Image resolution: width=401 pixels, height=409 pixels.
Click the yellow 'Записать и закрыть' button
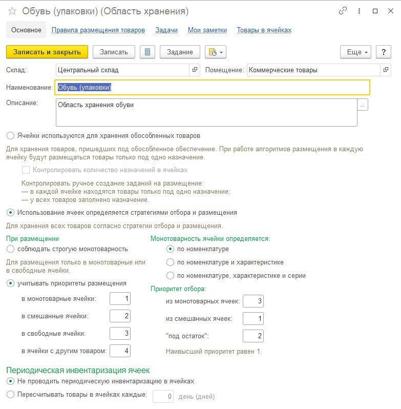click(x=47, y=52)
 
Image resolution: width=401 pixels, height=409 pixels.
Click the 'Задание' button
click(x=179, y=52)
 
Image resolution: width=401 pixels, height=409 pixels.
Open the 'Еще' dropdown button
click(x=357, y=52)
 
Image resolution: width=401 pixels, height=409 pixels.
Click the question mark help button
click(x=383, y=52)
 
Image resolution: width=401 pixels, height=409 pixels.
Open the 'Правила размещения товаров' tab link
click(x=98, y=30)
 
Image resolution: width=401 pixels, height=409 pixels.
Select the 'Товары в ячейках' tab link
click(x=264, y=30)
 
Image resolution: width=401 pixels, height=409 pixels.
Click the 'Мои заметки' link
click(x=207, y=30)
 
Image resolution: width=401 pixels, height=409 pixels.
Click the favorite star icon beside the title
click(x=12, y=11)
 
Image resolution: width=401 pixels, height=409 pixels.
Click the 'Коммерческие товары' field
click(x=313, y=70)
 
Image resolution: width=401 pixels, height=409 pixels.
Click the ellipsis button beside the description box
click(x=363, y=105)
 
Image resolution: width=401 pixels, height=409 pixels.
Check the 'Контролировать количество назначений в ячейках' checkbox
click(x=26, y=170)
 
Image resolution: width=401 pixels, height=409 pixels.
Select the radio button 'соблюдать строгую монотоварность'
click(x=11, y=249)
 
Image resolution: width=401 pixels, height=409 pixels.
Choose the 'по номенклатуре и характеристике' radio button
click(x=171, y=262)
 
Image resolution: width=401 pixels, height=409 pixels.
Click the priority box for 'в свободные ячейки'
click(x=120, y=334)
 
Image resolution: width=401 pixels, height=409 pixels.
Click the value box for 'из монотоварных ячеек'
click(x=253, y=301)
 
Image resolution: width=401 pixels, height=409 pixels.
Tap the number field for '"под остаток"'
click(x=253, y=336)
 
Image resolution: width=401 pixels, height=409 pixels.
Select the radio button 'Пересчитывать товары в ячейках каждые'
click(x=11, y=395)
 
